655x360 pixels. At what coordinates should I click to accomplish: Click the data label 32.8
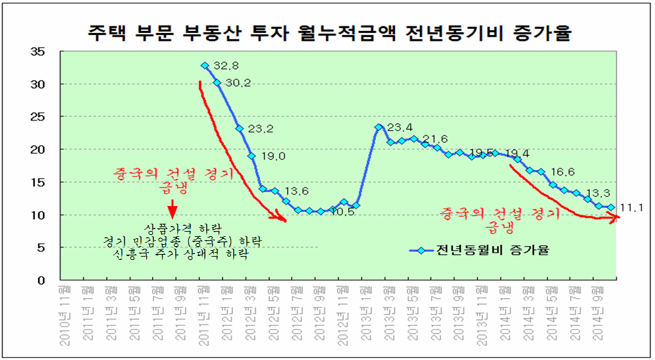click(226, 66)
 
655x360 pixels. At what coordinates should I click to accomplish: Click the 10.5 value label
click(344, 212)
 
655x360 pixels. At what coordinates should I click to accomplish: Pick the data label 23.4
click(400, 128)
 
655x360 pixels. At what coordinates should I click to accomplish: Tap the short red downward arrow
click(172, 210)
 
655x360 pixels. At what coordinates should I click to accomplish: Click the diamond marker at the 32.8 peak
click(205, 66)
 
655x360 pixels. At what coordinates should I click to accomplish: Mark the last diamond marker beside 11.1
click(611, 207)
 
